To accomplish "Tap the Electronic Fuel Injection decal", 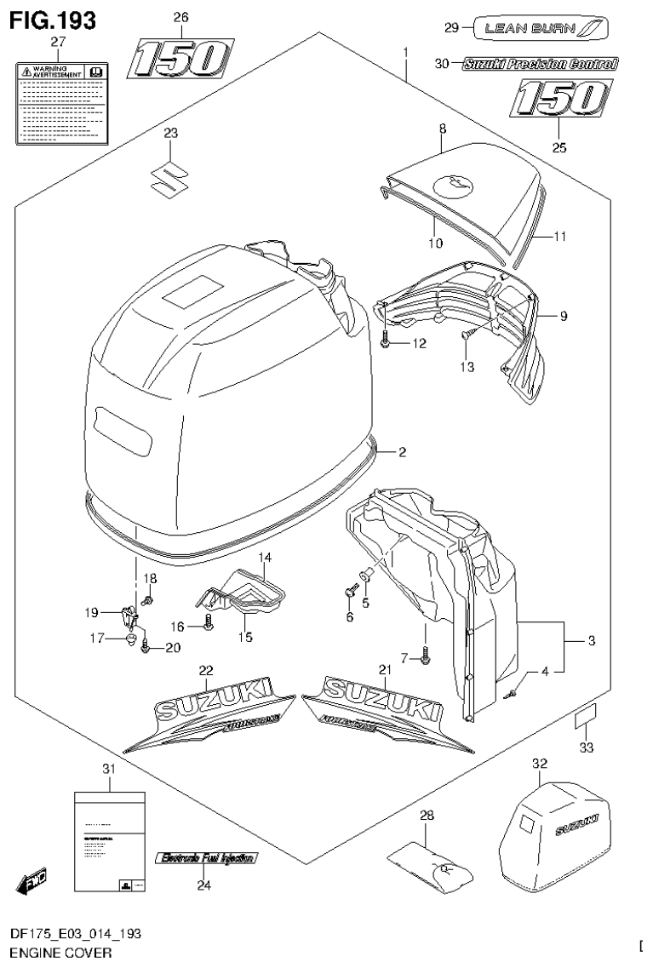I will (205, 859).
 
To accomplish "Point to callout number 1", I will (406, 53).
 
